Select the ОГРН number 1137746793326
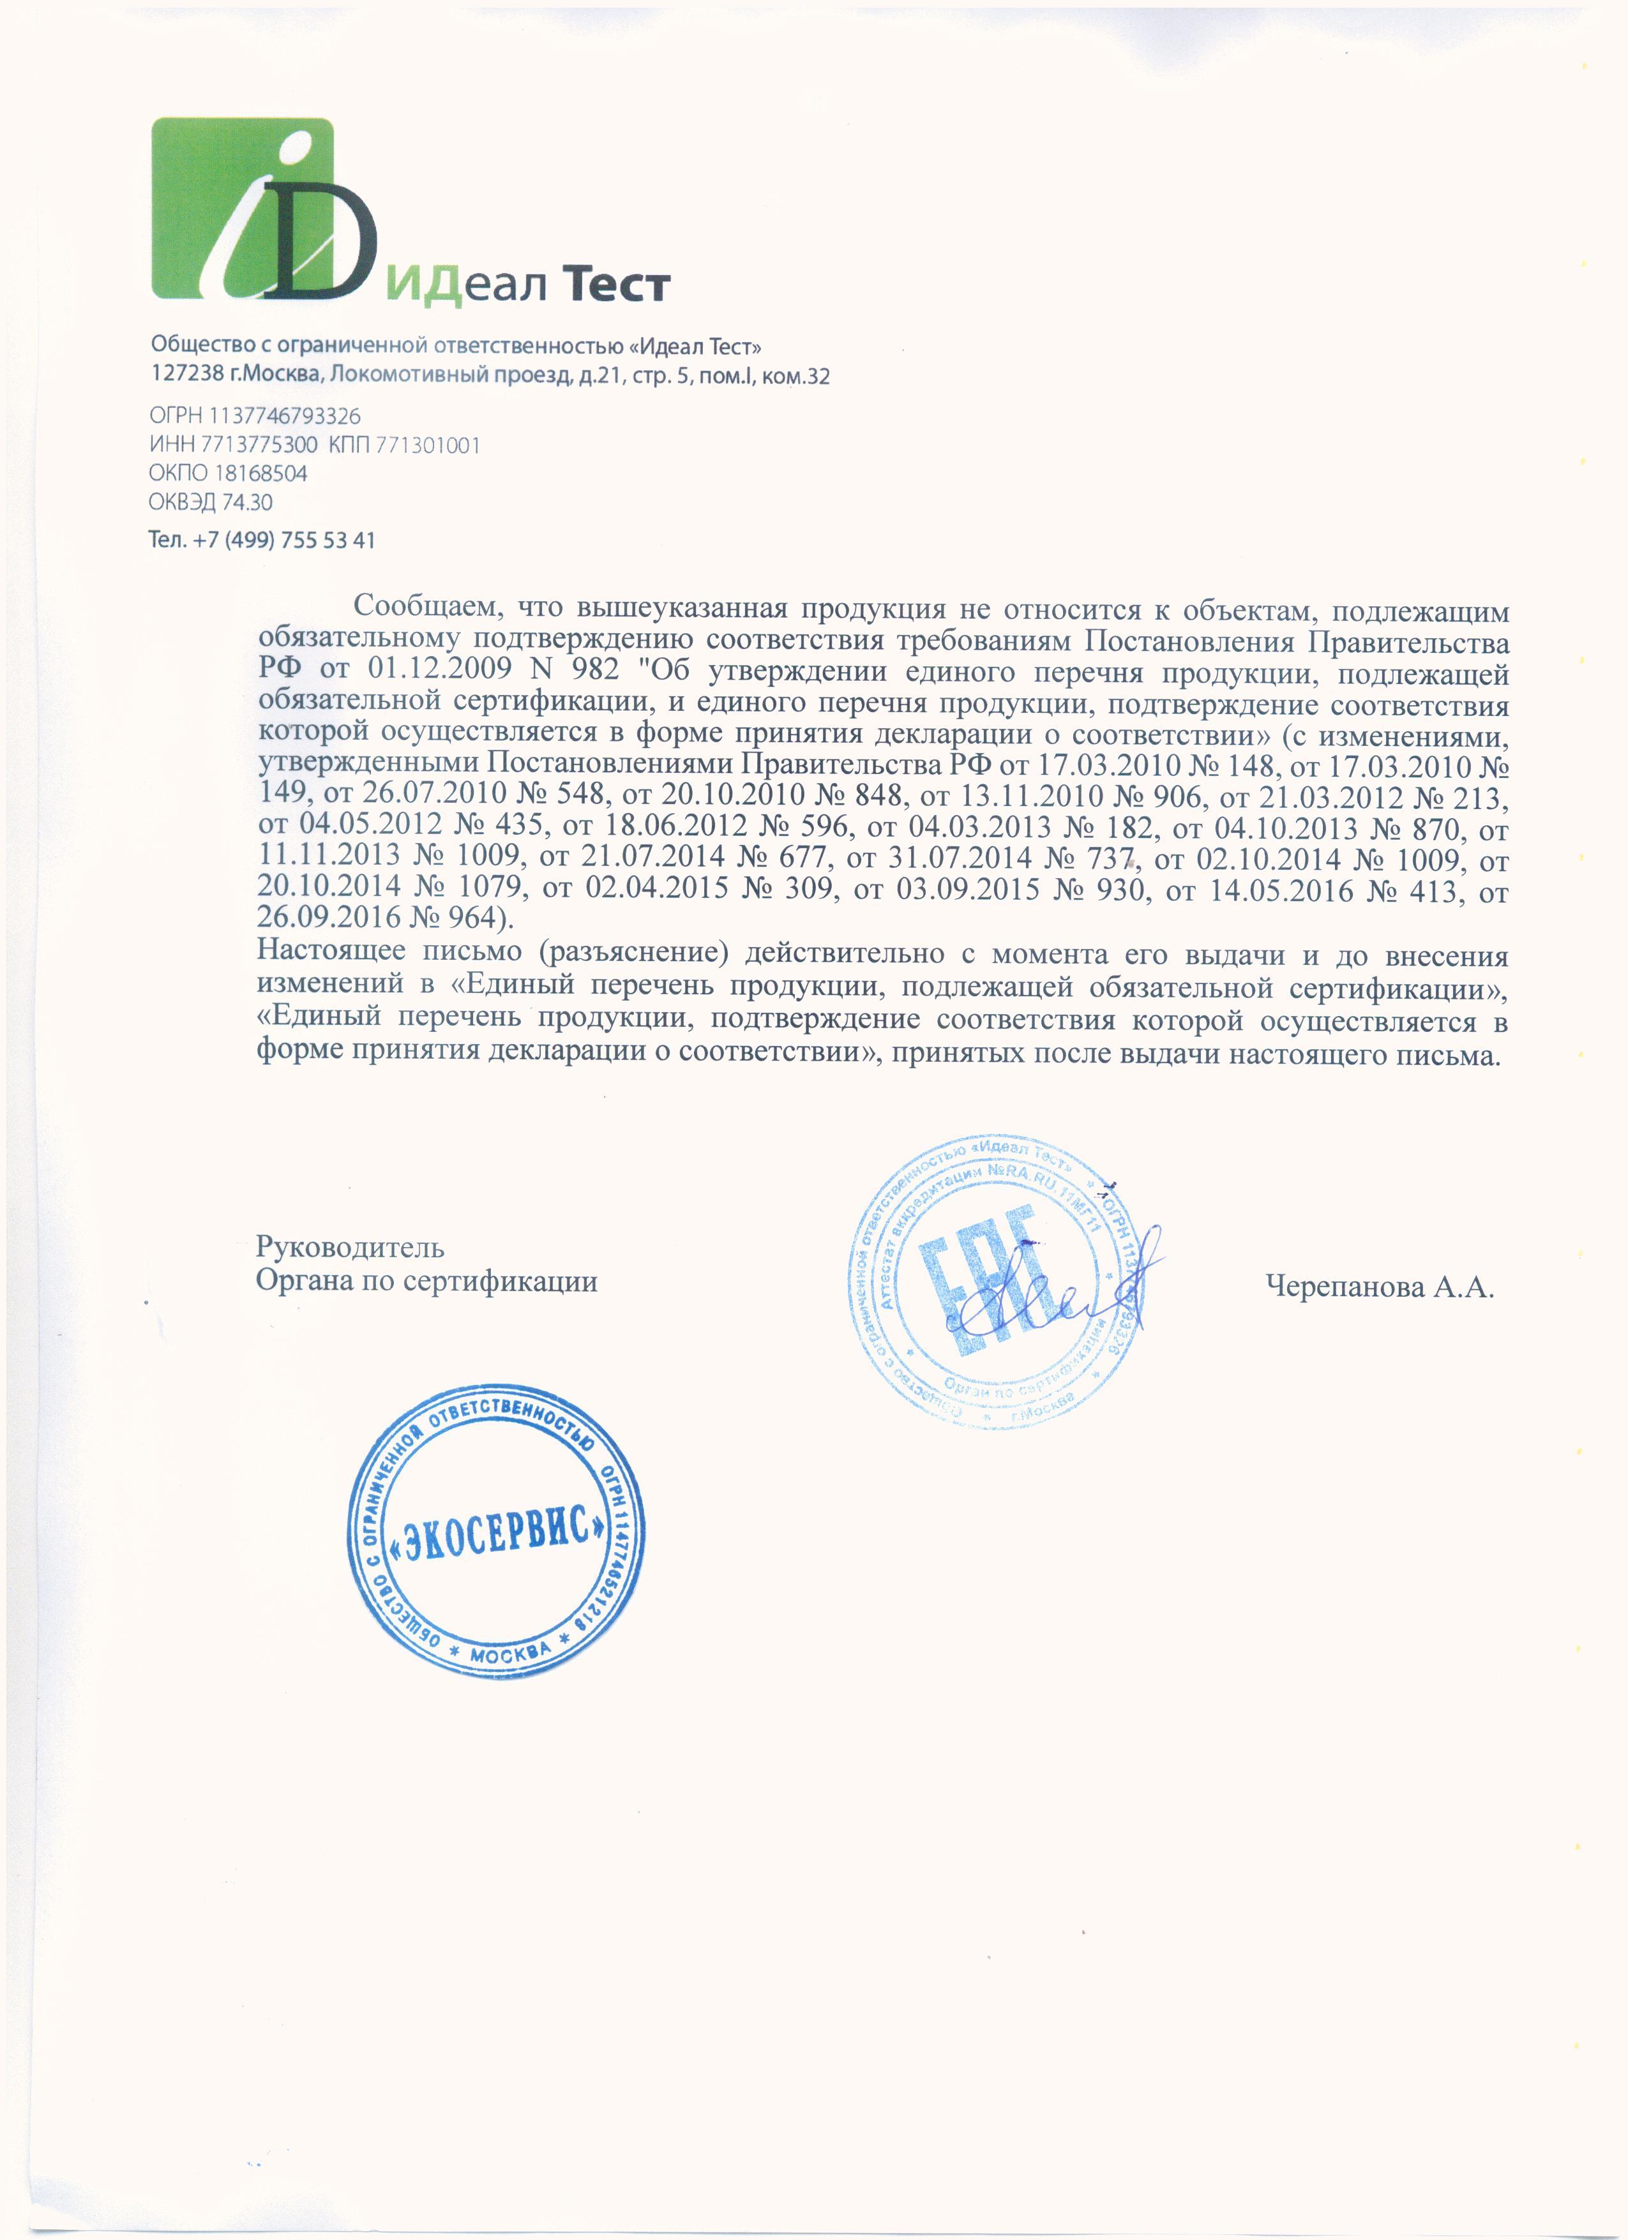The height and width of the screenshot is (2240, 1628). pos(285,416)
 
